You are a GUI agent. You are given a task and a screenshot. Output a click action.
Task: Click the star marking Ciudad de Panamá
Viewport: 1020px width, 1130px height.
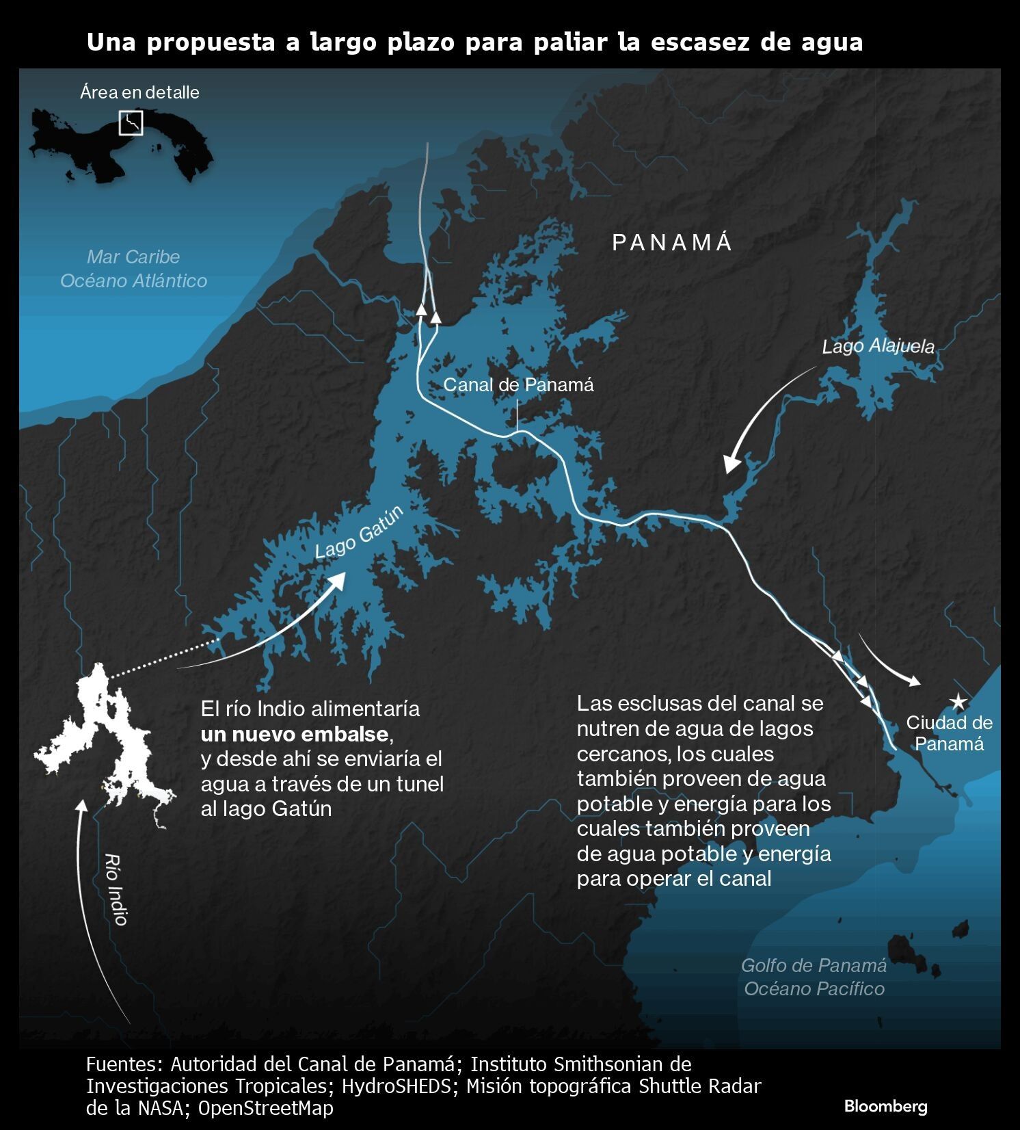pyautogui.click(x=958, y=702)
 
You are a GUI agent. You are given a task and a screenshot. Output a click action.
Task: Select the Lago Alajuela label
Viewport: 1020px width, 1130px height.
pyautogui.click(x=878, y=346)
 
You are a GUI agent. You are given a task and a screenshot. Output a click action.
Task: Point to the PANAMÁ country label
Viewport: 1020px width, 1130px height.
pyautogui.click(x=672, y=243)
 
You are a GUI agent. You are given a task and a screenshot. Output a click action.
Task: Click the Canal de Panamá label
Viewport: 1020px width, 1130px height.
pyautogui.click(x=518, y=385)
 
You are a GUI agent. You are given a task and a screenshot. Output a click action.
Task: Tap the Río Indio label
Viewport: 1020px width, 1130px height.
pyautogui.click(x=117, y=889)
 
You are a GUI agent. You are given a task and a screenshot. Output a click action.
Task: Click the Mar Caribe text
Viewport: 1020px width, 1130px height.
pyautogui.click(x=133, y=257)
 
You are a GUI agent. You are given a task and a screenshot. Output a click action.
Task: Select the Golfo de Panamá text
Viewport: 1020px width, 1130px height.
pyautogui.click(x=814, y=966)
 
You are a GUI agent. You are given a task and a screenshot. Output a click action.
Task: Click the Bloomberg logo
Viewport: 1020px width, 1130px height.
pyautogui.click(x=885, y=1106)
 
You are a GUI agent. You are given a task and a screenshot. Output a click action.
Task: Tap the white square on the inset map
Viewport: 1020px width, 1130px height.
pyautogui.click(x=131, y=123)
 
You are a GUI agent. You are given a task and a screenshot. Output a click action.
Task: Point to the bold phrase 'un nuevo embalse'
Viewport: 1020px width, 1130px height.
pyautogui.click(x=295, y=735)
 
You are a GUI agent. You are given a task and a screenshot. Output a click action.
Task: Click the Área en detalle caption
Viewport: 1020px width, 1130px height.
pyautogui.click(x=139, y=92)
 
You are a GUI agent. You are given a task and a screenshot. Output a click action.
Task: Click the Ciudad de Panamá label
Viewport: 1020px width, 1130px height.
pyautogui.click(x=949, y=733)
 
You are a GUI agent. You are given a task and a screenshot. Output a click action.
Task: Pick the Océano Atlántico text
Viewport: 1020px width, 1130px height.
pyautogui.click(x=133, y=281)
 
